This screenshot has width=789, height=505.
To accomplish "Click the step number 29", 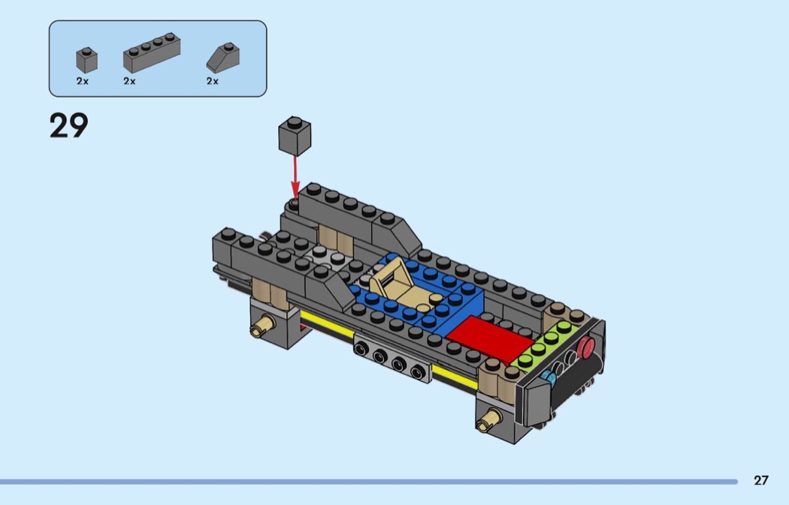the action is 69,125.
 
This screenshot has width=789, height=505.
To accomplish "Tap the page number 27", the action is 760,480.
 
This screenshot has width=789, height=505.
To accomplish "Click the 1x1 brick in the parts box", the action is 86,60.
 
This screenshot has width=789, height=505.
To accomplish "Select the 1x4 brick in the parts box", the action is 152,53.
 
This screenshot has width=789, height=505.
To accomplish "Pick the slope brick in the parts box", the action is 223,58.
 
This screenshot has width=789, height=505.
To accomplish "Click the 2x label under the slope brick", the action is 213,81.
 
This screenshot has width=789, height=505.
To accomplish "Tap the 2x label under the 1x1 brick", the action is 83,81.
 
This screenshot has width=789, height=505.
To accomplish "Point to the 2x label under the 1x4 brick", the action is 129,81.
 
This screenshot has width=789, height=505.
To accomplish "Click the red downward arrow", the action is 295,179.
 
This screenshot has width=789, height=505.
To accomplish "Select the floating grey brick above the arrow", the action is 295,136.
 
